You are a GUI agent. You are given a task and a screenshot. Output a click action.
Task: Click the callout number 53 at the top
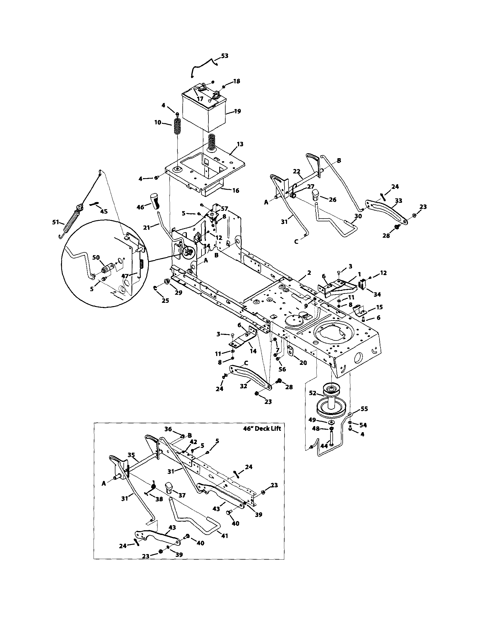tap(224, 56)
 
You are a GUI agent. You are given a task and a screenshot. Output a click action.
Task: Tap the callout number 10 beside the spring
tap(158, 122)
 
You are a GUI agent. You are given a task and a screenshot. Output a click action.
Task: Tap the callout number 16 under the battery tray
tap(236, 191)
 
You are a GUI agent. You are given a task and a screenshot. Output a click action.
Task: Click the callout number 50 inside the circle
tap(96, 257)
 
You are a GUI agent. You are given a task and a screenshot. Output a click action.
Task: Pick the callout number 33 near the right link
tap(399, 201)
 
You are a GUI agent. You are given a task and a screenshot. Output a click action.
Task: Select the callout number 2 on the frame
tap(309, 273)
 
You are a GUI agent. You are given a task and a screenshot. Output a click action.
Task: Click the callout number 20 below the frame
tap(303, 363)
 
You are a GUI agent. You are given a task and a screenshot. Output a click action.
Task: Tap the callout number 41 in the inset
tap(225, 536)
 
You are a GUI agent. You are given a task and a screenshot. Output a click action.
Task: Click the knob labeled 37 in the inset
tap(169, 487)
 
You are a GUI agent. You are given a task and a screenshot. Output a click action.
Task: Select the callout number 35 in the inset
tap(131, 455)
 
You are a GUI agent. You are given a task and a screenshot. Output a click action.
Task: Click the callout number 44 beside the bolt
tap(324, 446)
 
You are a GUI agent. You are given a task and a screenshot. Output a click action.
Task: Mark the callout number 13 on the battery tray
tap(240, 144)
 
